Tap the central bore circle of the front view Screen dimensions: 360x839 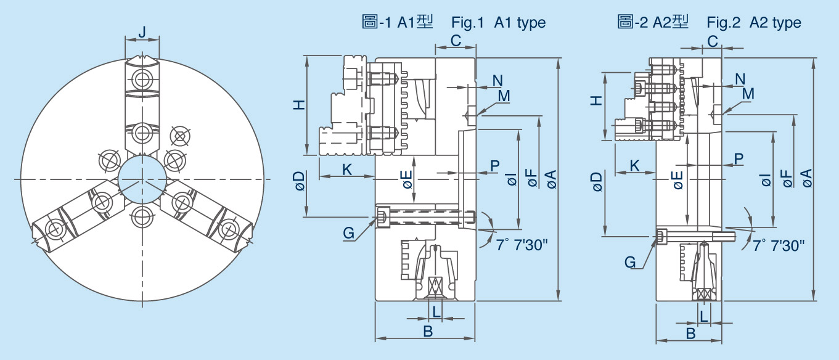[142, 179]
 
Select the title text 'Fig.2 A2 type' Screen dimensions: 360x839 [753, 23]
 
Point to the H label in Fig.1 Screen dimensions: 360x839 [298, 105]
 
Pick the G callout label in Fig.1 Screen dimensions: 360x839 [349, 233]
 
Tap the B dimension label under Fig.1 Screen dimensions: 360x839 [427, 331]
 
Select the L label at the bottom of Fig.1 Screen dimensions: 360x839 [436, 311]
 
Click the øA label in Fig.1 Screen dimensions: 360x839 [550, 179]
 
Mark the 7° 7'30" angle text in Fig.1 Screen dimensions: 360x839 [522, 244]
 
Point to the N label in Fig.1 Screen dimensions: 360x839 [497, 80]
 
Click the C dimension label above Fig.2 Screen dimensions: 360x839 [712, 41]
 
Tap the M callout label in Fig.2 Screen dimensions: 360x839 [748, 93]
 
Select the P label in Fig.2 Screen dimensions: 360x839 [739, 158]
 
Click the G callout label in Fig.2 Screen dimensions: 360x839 [629, 262]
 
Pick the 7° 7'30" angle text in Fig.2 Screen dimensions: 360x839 [779, 245]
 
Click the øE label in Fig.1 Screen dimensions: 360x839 [406, 179]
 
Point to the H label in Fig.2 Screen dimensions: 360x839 [596, 100]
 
